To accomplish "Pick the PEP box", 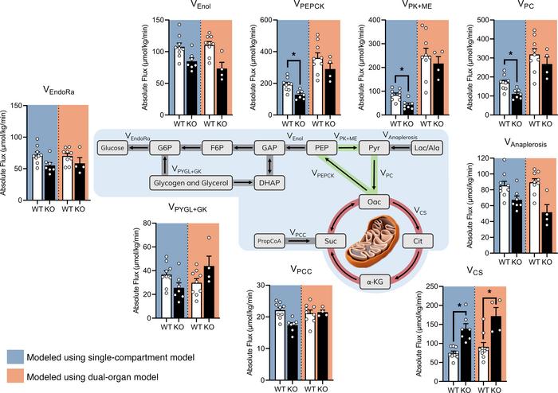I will (324, 149).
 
